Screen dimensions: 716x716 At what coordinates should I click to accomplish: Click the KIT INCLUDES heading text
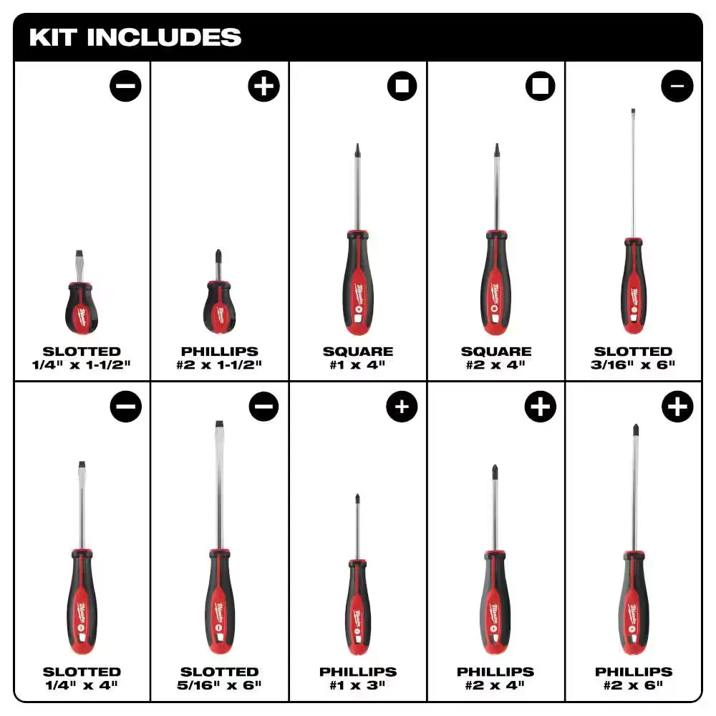[x=135, y=37]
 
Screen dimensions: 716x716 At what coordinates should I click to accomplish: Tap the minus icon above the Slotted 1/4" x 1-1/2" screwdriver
[x=126, y=87]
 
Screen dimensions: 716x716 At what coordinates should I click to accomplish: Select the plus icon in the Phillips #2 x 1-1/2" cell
[x=263, y=87]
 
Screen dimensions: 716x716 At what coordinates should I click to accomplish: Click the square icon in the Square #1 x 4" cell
[x=402, y=87]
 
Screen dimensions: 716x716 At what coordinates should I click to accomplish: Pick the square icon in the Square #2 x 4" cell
[x=540, y=87]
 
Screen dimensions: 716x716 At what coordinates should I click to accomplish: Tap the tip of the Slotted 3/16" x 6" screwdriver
[x=633, y=112]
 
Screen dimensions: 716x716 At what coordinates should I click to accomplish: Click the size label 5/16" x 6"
[x=220, y=685]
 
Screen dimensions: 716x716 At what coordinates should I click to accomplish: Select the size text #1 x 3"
[x=357, y=685]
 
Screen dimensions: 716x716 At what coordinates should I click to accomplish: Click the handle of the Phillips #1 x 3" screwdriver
[x=357, y=605]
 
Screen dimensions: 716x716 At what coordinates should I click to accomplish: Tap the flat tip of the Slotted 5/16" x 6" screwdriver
[x=219, y=425]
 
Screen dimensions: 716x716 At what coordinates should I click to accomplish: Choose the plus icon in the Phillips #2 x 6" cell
[x=677, y=407]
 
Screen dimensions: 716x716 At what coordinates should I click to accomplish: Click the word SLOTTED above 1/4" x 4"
[x=82, y=672]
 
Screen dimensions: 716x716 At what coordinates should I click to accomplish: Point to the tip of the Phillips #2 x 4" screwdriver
[x=495, y=470]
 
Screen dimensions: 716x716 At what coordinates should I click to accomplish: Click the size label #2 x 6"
[x=633, y=685]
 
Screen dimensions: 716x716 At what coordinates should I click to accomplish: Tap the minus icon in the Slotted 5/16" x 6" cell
[x=263, y=407]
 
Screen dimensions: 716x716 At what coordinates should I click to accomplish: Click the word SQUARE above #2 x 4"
[x=495, y=352]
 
